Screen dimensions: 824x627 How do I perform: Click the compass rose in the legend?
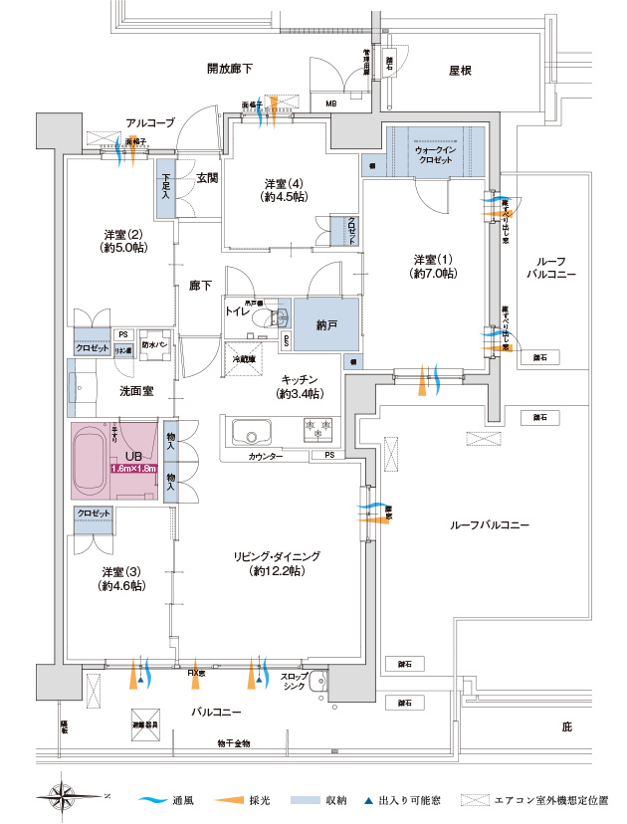point(63,796)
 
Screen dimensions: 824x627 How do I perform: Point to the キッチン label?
point(299,379)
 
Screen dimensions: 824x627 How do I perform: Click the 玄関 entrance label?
point(206,178)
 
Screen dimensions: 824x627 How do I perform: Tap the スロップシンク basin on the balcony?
point(317,684)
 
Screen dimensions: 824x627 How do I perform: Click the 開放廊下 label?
point(229,69)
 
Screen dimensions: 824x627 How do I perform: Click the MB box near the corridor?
point(330,103)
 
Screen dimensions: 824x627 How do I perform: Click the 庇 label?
point(566,727)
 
